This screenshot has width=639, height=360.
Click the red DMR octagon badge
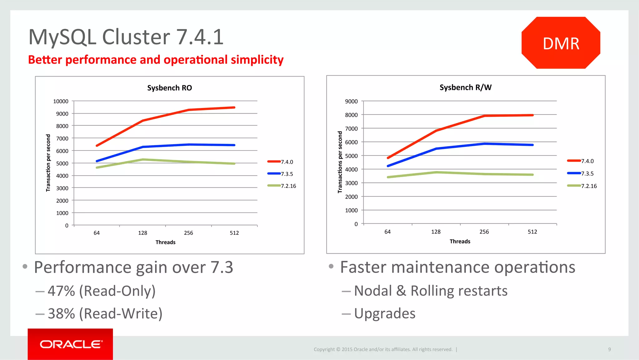(561, 43)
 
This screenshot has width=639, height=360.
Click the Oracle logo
(71, 344)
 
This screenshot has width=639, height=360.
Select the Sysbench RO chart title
(169, 88)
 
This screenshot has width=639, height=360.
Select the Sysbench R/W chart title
(465, 87)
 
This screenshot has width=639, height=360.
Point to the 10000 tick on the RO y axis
(61, 101)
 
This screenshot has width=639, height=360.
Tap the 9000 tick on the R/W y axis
(351, 101)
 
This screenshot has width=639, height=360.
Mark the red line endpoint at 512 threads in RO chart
(234, 108)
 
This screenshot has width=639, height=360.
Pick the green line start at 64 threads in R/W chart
(388, 177)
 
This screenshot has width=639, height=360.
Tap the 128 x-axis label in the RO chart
(143, 233)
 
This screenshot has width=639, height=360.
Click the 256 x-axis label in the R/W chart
(484, 232)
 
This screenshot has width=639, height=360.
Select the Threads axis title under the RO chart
(165, 242)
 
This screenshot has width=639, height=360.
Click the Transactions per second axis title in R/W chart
(340, 162)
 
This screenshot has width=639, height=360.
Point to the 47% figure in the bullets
(61, 291)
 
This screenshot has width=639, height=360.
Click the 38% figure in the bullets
(61, 313)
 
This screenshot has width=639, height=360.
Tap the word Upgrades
(384, 313)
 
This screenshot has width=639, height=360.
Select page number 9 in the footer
(609, 349)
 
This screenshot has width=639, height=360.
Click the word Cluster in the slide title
(136, 37)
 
